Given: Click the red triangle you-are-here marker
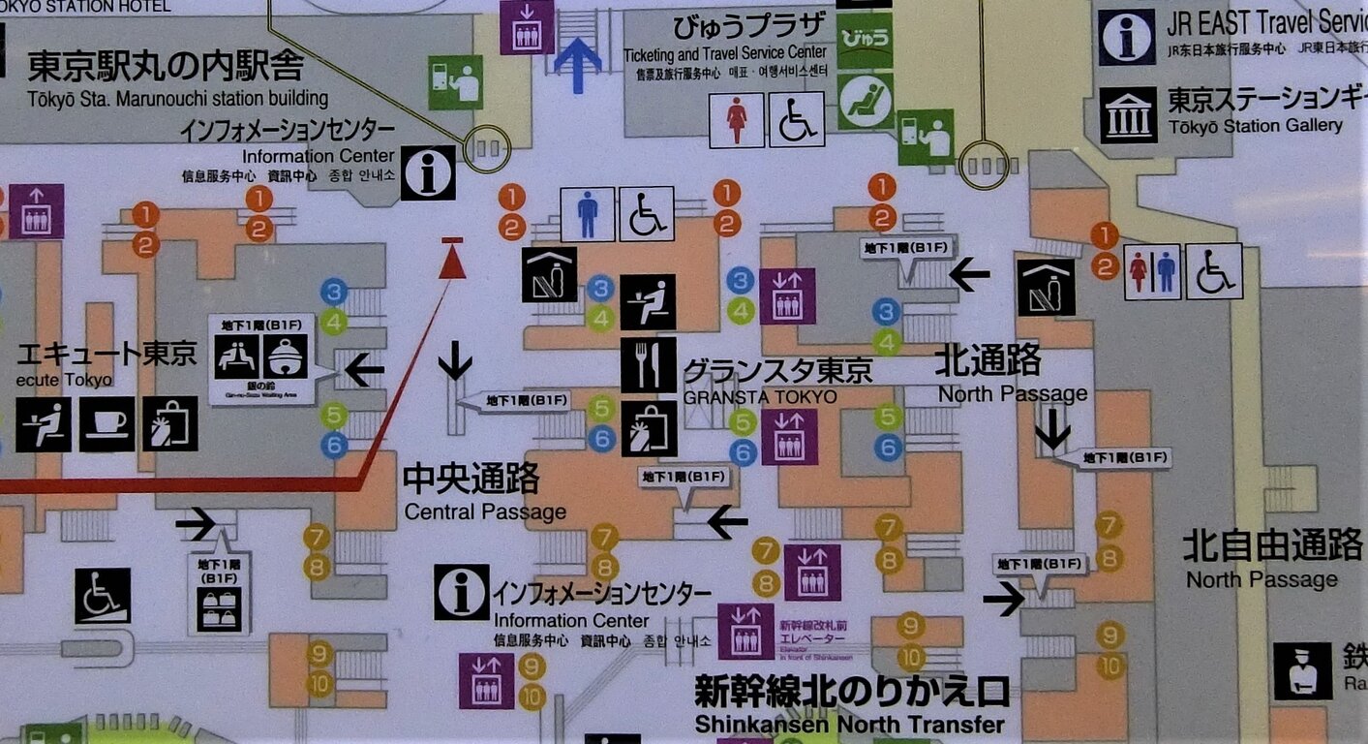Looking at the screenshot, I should [452, 259].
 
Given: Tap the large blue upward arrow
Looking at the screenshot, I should [578, 64].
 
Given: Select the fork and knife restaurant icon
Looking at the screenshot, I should [648, 365].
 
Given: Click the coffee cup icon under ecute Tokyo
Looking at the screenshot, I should [106, 424].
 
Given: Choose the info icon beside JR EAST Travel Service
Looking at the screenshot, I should [1127, 37].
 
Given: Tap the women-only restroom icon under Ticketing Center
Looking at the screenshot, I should [737, 120].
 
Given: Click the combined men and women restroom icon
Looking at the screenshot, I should [1152, 271].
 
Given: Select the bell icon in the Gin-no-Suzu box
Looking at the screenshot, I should [286, 356].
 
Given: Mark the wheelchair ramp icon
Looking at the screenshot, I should [103, 596].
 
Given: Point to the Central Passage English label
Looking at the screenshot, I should [485, 511].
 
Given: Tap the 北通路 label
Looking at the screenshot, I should [987, 361].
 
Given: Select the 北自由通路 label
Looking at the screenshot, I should [1272, 546].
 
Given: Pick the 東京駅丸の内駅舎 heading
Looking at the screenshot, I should [166, 66].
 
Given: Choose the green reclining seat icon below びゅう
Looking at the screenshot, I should [864, 101].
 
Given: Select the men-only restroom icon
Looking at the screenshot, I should [588, 214].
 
